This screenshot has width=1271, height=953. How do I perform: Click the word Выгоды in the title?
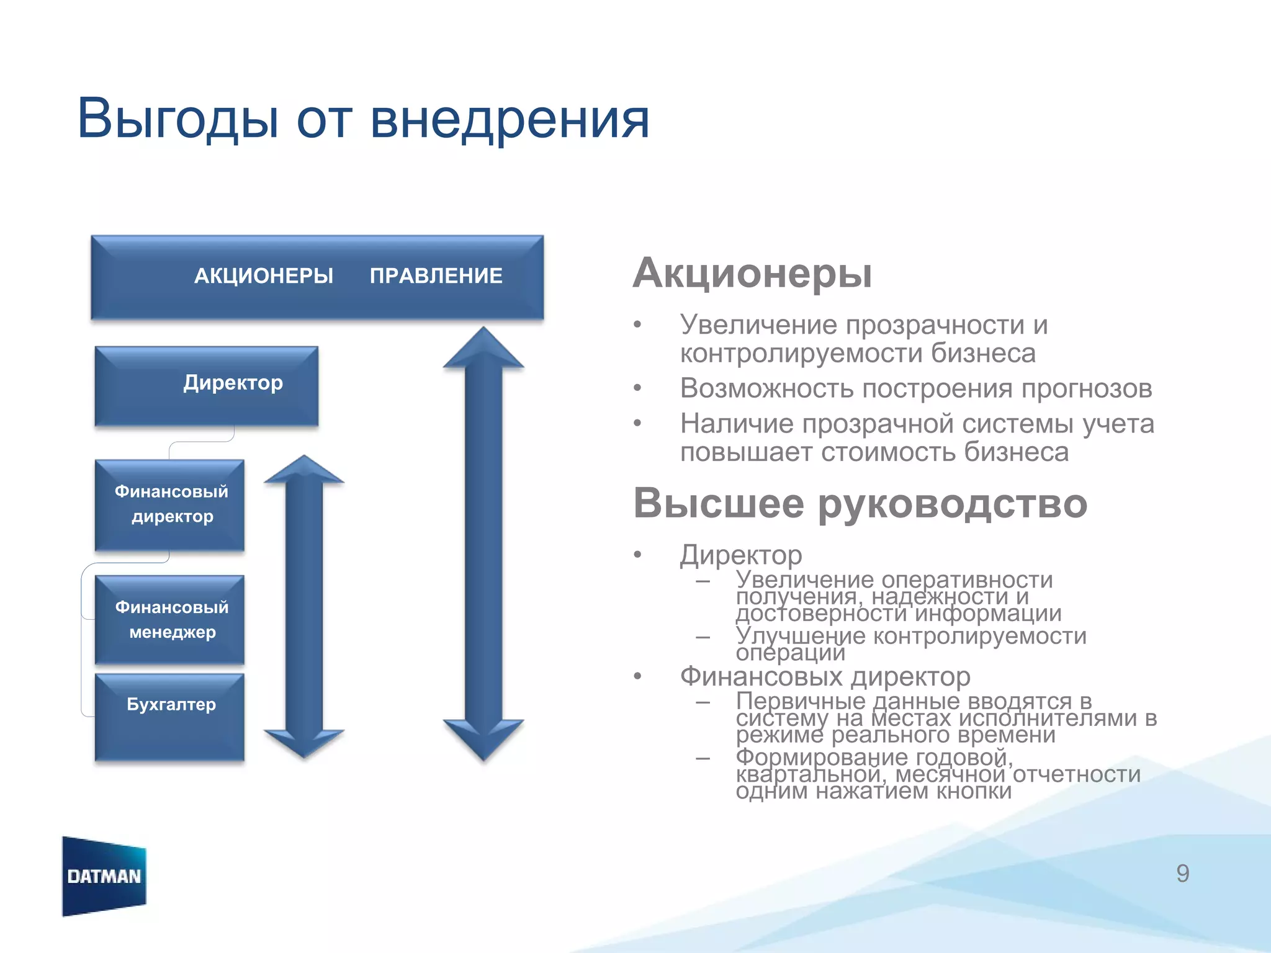click(x=177, y=119)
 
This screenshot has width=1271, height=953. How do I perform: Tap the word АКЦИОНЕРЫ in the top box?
click(x=264, y=275)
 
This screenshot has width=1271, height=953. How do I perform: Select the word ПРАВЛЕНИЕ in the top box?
click(x=436, y=275)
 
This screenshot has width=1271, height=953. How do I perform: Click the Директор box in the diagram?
click(x=207, y=385)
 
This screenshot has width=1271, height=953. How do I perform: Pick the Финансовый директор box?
click(x=169, y=504)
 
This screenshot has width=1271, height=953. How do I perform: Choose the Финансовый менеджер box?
click(x=169, y=619)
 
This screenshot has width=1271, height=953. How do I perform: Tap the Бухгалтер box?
click(x=169, y=717)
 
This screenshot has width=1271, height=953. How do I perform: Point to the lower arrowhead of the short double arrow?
click(x=304, y=741)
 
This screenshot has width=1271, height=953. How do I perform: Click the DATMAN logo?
click(x=104, y=876)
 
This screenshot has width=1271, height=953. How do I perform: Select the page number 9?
click(x=1182, y=874)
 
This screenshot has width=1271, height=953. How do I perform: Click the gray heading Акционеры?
click(x=752, y=273)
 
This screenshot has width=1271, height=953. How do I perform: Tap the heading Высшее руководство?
click(x=860, y=503)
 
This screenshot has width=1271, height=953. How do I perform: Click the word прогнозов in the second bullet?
click(x=1087, y=388)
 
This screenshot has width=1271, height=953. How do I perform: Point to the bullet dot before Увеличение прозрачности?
click(x=637, y=324)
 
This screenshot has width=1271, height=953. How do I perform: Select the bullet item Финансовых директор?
click(x=825, y=676)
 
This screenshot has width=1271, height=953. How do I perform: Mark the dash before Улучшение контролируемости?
click(x=703, y=637)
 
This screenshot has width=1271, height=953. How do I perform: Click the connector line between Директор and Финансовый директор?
click(x=201, y=442)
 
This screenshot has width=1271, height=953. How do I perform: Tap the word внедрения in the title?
click(x=510, y=119)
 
